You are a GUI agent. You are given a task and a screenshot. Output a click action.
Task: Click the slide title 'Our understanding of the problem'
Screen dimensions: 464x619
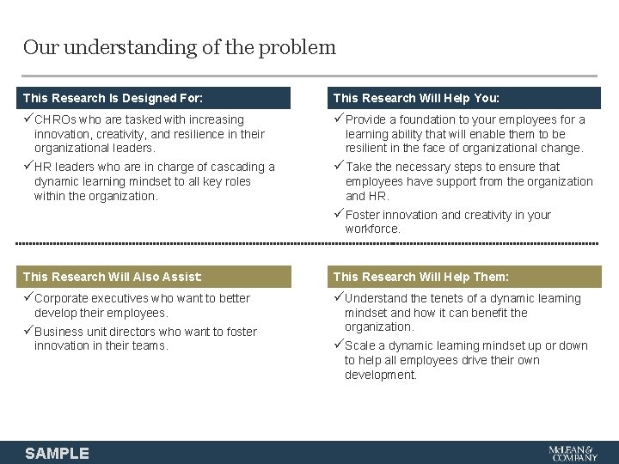179,47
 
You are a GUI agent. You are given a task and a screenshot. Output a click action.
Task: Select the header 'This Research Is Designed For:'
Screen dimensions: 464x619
113,98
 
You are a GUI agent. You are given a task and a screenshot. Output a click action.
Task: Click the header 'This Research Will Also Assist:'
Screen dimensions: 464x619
113,277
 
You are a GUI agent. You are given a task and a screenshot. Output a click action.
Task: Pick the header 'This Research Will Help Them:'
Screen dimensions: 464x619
420,277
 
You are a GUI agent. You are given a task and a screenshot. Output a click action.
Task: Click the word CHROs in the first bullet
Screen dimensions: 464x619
56,119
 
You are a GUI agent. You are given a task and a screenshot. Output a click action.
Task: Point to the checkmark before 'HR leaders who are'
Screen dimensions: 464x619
28,167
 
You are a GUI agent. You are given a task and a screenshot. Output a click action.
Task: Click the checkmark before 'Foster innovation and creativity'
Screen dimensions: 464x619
339,215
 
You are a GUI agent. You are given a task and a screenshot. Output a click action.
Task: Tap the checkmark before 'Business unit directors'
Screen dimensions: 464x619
28,332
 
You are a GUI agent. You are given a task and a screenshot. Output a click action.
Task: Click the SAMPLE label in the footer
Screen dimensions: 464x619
57,453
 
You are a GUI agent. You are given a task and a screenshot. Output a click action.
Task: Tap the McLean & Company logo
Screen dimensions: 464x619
573,453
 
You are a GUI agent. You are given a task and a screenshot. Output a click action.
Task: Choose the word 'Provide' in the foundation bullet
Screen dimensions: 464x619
366,119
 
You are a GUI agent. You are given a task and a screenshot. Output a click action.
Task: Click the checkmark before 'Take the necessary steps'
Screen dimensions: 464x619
339,167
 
